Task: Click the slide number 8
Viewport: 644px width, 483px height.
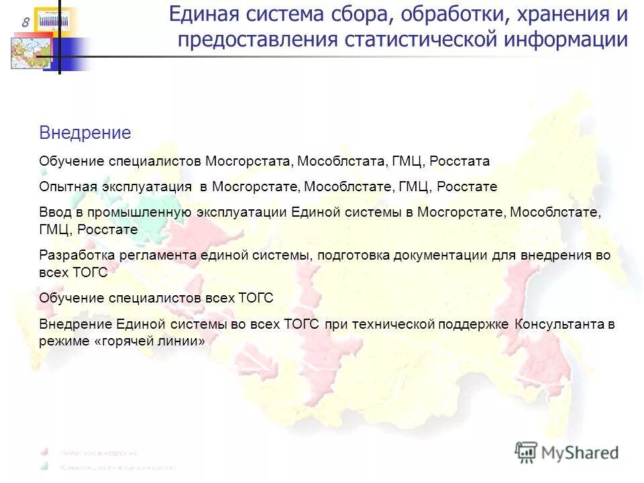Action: (25, 22)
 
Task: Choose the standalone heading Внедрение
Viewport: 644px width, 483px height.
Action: (85, 133)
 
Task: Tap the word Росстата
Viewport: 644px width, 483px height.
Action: (460, 162)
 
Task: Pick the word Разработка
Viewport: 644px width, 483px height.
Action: (77, 256)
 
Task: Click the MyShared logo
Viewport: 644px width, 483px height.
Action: (567, 452)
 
